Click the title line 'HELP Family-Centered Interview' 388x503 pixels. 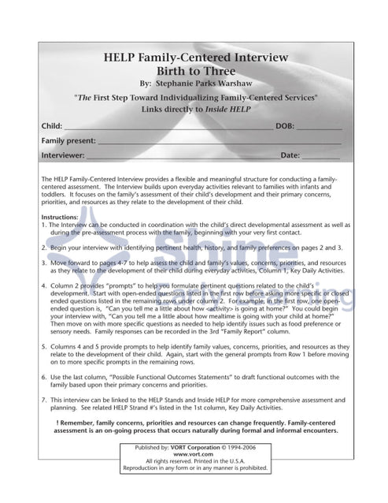[195, 58]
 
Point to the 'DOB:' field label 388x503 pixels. [285, 126]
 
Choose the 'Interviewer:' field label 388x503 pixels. [63, 155]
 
